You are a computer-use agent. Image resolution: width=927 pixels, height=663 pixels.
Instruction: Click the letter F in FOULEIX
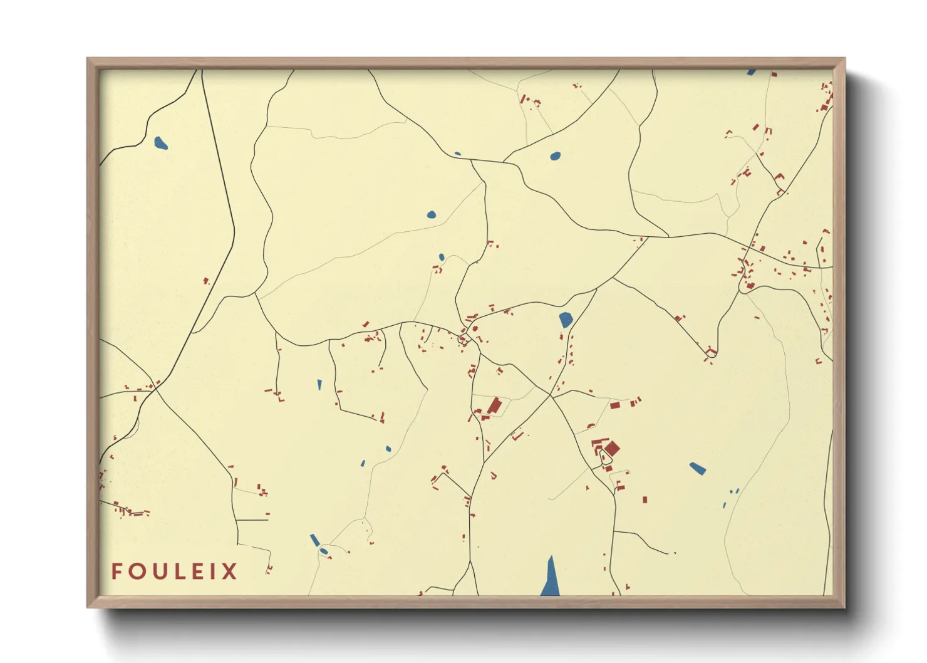point(117,571)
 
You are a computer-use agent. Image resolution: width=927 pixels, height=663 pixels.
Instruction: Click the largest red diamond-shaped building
point(611,448)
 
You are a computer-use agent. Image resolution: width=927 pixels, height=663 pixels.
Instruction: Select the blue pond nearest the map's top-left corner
point(161,144)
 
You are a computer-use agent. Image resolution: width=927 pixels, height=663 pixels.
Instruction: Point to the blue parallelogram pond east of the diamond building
point(698,468)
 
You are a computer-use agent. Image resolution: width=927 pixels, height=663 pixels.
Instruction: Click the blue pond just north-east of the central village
point(566,320)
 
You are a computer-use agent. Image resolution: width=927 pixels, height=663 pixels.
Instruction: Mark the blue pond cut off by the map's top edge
point(751,72)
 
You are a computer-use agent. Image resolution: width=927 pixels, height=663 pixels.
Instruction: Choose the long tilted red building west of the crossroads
point(495,405)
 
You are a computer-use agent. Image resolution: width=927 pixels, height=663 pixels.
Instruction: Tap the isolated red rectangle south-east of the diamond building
point(645,499)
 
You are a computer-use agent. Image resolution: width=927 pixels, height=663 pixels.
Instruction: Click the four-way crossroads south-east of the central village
point(551,395)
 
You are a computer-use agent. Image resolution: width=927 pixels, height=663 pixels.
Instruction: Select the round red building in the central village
point(463,340)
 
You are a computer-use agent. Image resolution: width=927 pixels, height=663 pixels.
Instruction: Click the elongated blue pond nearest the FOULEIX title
point(314,540)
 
